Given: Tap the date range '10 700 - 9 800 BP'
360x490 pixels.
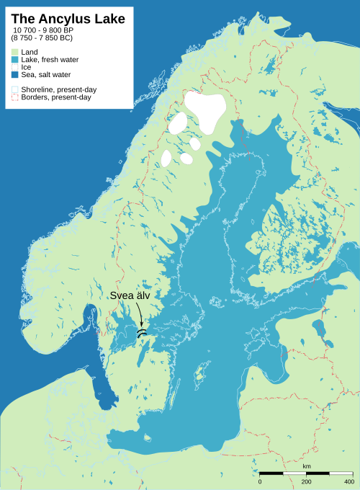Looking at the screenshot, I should [53, 30].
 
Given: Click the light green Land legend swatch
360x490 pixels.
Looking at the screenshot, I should [14, 53].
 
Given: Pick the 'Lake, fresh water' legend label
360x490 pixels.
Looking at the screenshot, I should [50, 60].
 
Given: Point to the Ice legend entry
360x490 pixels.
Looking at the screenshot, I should [26, 67].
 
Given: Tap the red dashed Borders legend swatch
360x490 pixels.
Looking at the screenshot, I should [14, 97].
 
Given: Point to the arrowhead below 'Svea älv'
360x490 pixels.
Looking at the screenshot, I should [142, 326].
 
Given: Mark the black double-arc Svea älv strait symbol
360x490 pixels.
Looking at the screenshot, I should [142, 333].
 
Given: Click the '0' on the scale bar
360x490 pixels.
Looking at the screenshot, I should [260, 481].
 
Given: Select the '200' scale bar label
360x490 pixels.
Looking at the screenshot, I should [306, 481].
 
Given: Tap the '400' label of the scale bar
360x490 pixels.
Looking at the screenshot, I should [348, 481].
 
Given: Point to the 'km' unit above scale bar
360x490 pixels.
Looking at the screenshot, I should [307, 467].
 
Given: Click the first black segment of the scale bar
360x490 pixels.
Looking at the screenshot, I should [271, 473].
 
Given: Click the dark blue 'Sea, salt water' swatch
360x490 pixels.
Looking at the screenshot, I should [14, 75].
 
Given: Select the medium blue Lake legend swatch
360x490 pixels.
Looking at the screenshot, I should [14, 60].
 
